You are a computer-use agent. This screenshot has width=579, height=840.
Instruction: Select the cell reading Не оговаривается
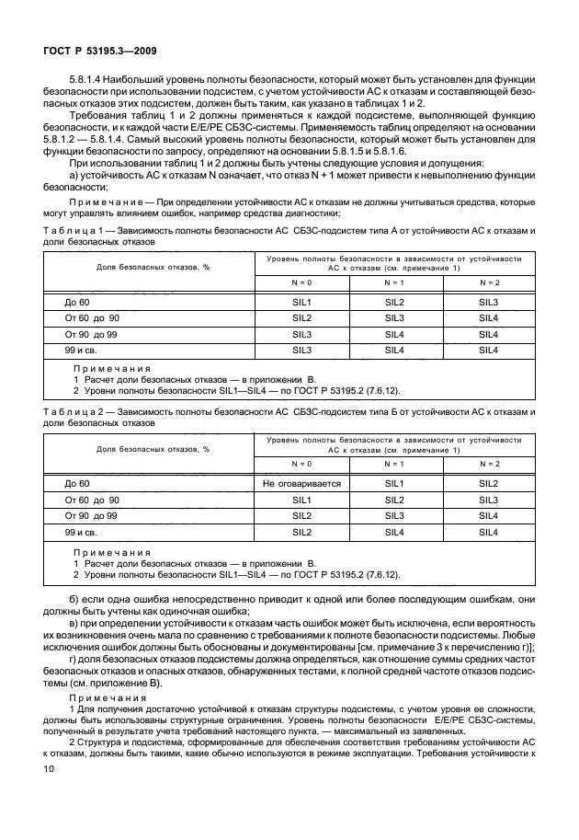(x=301, y=483)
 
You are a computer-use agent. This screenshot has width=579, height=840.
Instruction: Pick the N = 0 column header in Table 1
(x=301, y=282)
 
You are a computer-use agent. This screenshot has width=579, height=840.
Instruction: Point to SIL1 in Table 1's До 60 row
(x=301, y=302)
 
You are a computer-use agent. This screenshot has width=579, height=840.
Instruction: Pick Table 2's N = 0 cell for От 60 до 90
(x=301, y=500)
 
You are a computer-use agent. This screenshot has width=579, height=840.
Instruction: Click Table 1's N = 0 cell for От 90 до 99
(x=301, y=334)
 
